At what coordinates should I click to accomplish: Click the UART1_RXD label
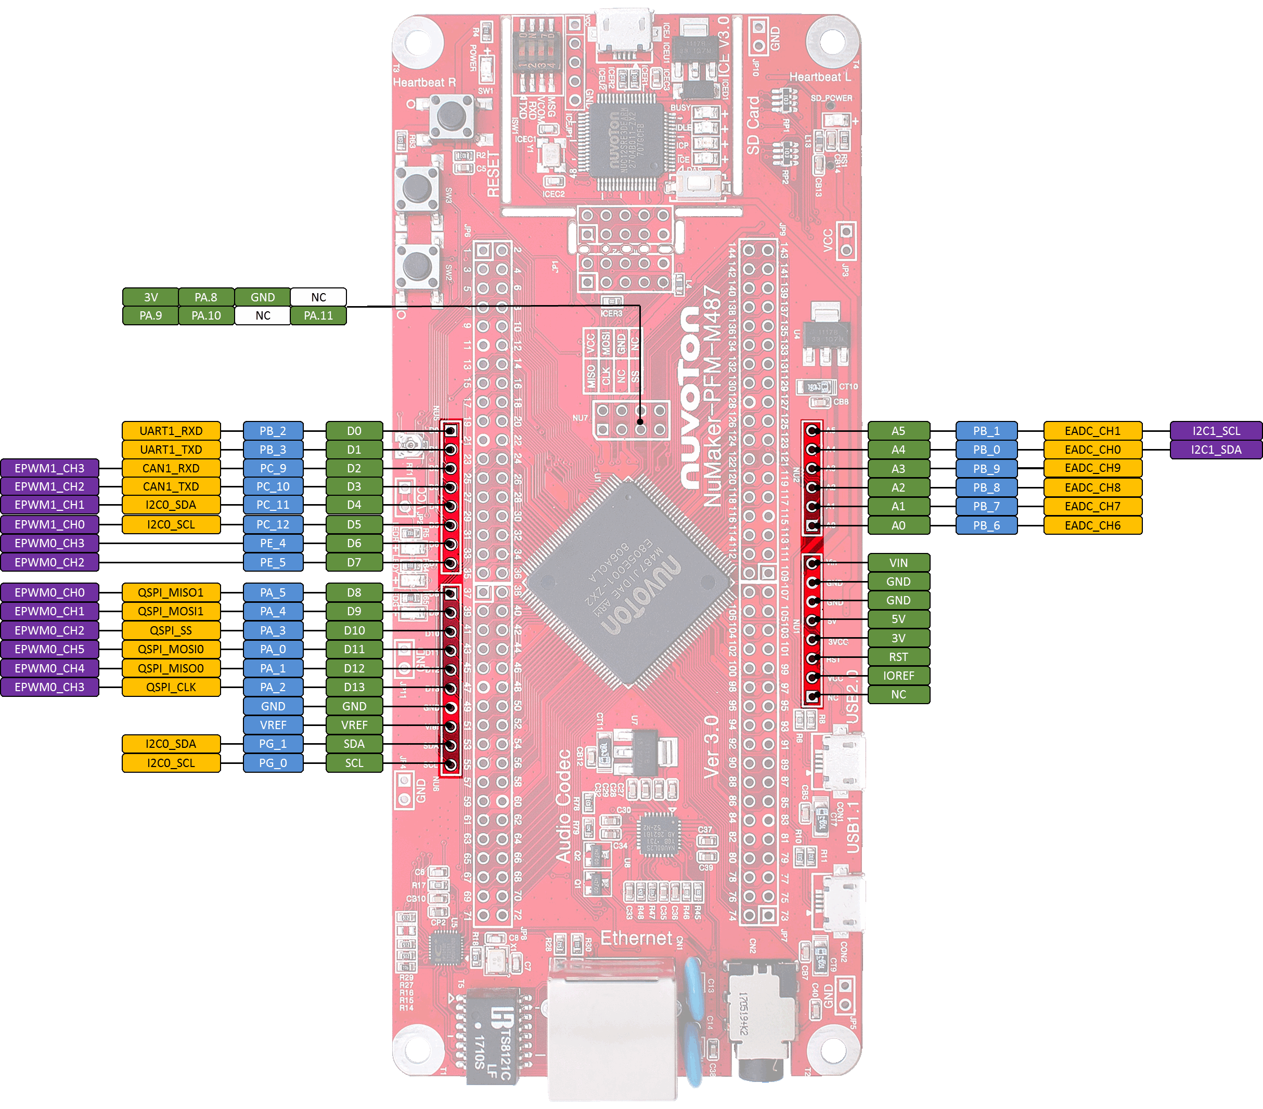171,430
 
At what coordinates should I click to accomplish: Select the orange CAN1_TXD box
171,486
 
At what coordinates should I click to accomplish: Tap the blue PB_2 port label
273,430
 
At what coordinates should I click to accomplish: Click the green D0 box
354,430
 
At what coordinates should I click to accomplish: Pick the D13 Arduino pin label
354,686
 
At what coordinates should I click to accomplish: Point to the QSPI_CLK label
171,686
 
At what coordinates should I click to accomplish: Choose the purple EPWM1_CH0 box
49,524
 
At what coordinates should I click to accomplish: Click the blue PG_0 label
273,762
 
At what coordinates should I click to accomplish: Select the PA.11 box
318,315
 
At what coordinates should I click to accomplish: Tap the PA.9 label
150,315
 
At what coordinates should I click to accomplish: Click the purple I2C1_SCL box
1216,430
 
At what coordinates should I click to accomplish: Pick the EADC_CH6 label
1092,525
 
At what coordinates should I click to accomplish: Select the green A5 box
898,430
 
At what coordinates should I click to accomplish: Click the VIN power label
898,562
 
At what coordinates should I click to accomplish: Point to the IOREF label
898,676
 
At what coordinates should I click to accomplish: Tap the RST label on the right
898,657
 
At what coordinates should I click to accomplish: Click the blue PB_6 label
986,525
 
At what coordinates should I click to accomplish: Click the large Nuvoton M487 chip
629,583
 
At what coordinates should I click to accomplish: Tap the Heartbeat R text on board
424,82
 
